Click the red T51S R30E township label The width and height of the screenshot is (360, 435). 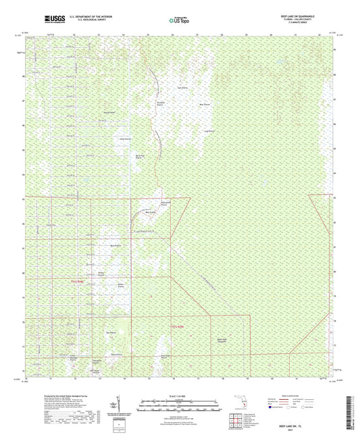click(x=178, y=327)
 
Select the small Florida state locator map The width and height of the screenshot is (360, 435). click(x=240, y=404)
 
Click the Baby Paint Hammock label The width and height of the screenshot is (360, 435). click(x=223, y=340)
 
